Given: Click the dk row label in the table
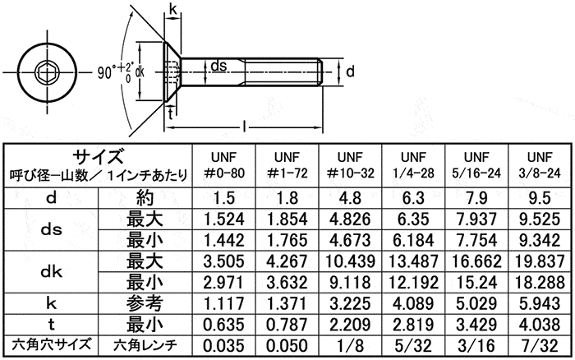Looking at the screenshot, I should (x=51, y=271).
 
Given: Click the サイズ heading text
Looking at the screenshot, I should (x=98, y=156).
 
